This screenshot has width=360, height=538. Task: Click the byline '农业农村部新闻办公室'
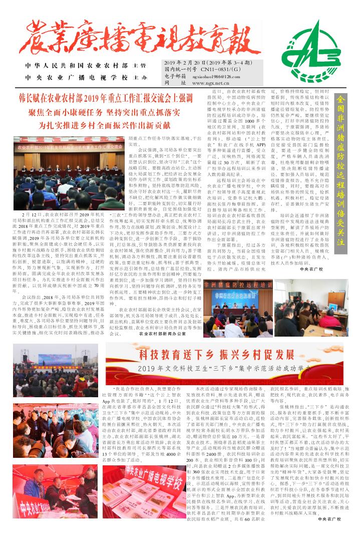[x=163, y=333]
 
